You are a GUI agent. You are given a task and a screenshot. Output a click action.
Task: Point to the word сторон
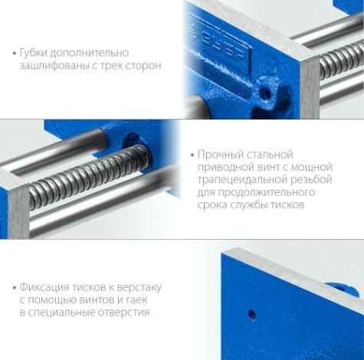pos(143,66)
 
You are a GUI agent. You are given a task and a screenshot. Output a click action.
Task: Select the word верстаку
pos(135,287)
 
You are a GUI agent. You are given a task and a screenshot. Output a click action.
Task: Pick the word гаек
pos(150,300)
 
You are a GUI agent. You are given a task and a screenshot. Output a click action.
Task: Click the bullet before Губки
pos(15,54)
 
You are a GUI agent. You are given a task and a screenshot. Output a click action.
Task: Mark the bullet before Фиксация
pos(15,288)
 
